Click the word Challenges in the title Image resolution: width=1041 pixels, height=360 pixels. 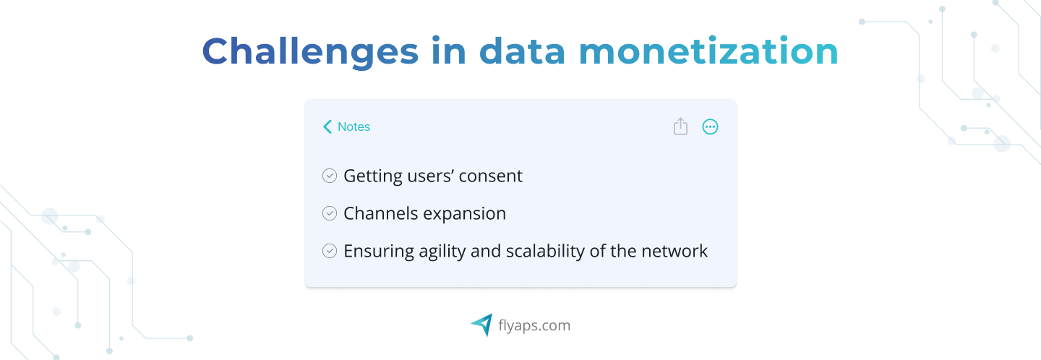[x=310, y=52]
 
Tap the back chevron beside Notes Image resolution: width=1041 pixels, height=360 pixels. [x=327, y=127]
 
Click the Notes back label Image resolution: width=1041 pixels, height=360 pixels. [x=354, y=127]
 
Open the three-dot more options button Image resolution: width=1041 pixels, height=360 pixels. [x=710, y=127]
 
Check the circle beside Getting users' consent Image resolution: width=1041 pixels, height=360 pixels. [x=330, y=176]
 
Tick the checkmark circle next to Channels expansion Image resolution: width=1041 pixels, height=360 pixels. [x=330, y=214]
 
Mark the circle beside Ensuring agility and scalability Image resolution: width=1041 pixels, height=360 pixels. [x=330, y=252]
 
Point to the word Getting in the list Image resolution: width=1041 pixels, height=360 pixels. [x=373, y=177]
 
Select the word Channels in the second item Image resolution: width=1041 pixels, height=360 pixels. [x=380, y=214]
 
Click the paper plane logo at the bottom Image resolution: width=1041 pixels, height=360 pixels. [x=481, y=325]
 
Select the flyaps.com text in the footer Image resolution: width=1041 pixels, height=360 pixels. [x=534, y=325]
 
